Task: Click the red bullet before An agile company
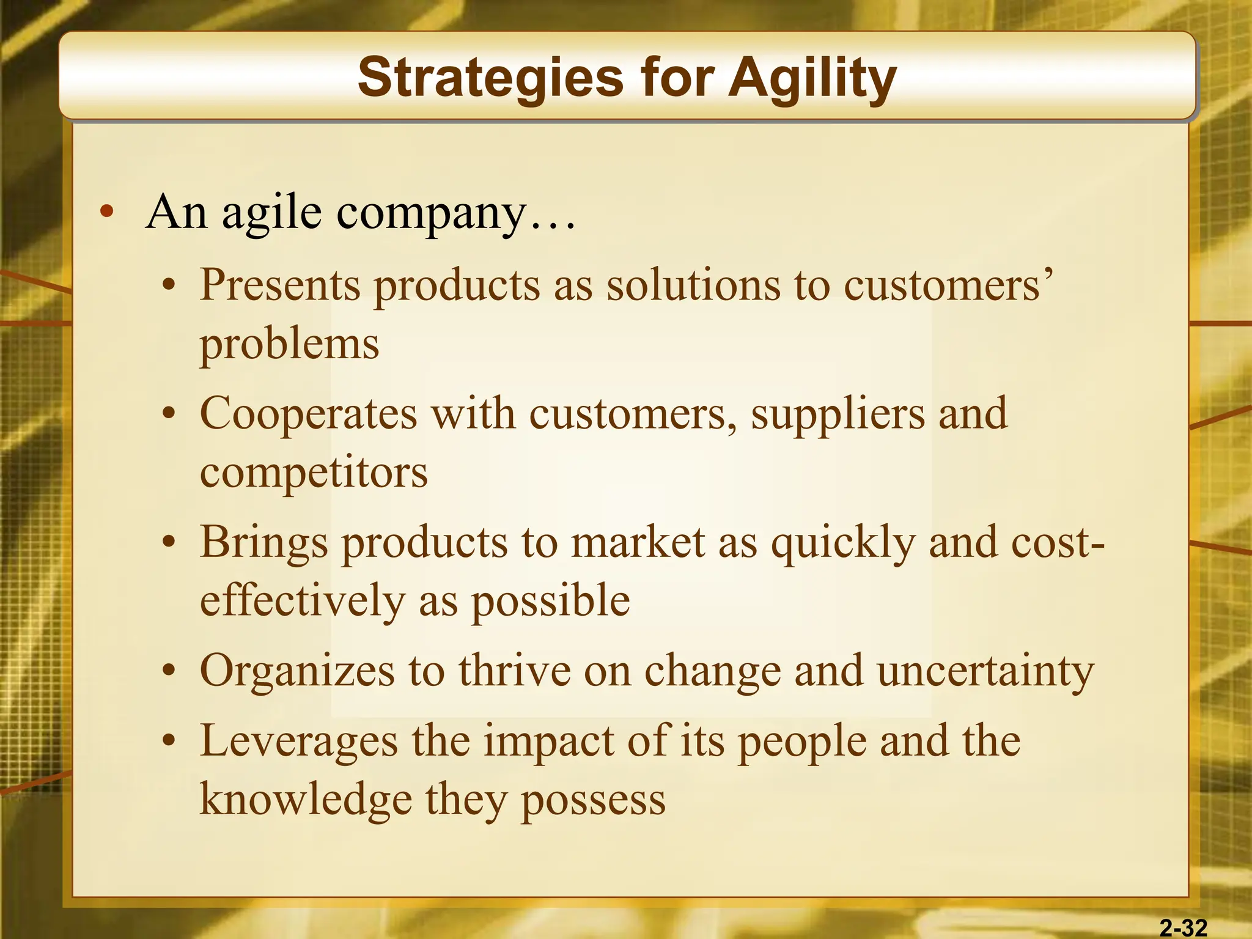tap(107, 213)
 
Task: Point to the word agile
tap(271, 213)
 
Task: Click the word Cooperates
tap(308, 414)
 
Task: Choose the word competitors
tap(314, 473)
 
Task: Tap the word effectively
tap(303, 600)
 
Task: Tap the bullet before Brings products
tap(169, 542)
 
